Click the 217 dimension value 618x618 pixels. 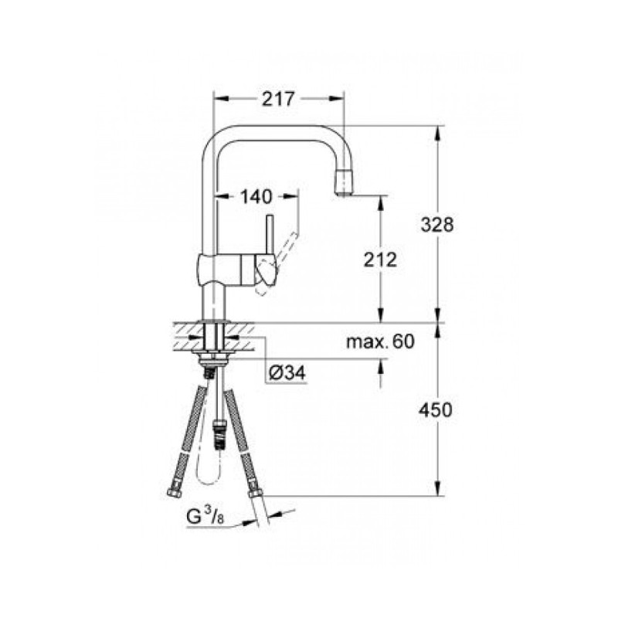[x=278, y=99]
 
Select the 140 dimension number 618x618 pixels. [x=256, y=196]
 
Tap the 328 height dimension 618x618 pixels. [x=437, y=225]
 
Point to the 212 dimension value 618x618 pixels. [x=380, y=260]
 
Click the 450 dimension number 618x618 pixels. [x=436, y=410]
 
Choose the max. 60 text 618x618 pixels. [x=381, y=341]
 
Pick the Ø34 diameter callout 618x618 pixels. [x=287, y=372]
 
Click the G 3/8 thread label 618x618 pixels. [x=205, y=516]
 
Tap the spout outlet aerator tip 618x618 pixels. [x=344, y=182]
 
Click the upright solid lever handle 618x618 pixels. [x=270, y=236]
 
